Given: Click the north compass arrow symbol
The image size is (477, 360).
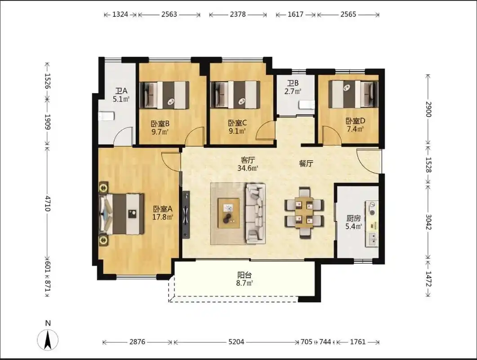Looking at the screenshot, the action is coord(48,340).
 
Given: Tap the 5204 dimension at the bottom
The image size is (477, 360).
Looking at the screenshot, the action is coord(236,342).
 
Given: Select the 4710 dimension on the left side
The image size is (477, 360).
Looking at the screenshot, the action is coord(48,203).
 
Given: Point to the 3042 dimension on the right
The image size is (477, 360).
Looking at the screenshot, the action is coord(428,222).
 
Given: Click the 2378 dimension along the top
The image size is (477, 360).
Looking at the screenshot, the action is coord(237,14).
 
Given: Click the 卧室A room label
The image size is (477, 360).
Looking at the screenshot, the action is coord(163,209).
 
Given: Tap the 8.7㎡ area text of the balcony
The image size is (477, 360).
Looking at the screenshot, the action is coord(245,283).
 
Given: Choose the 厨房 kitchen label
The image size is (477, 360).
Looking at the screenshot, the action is coord(353,218).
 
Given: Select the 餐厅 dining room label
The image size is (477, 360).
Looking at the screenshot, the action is coord(306,163).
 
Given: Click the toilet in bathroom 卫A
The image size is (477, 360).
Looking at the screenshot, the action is coord(106,116).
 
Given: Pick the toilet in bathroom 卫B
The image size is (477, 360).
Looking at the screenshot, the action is coord(306,105).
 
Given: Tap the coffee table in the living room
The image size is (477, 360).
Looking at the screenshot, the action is coord(228,213).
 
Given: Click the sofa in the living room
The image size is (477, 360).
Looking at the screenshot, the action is coord(255,213).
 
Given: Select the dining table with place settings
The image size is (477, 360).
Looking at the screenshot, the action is coord(304,212).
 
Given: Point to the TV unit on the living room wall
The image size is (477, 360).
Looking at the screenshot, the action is coord(186,214).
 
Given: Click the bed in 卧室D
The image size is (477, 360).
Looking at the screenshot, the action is coord(353,94).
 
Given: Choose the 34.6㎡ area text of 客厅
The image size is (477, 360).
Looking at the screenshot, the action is coord(248,168).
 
